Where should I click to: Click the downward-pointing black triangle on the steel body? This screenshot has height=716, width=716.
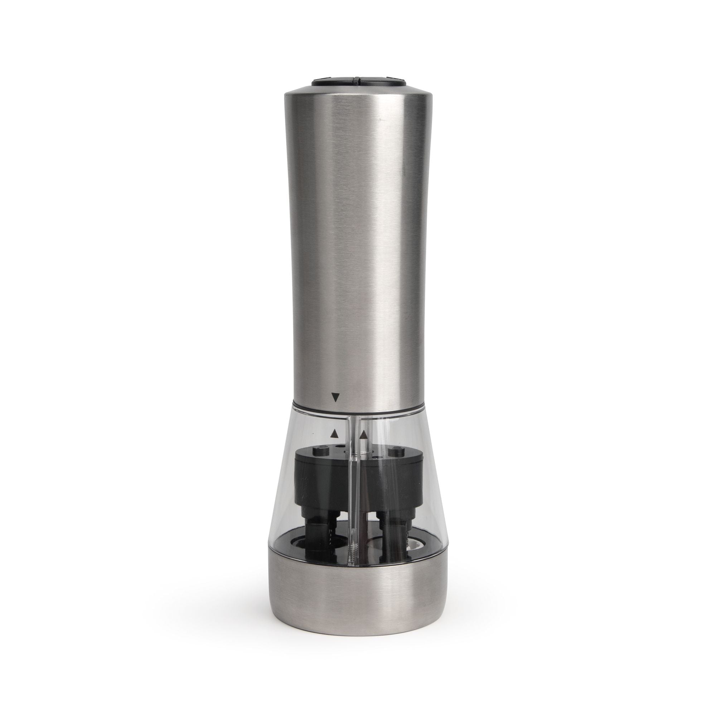coord(336,398)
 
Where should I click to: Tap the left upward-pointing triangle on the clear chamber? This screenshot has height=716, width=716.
coord(335,432)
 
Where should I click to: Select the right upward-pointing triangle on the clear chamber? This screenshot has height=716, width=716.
coord(364,432)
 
